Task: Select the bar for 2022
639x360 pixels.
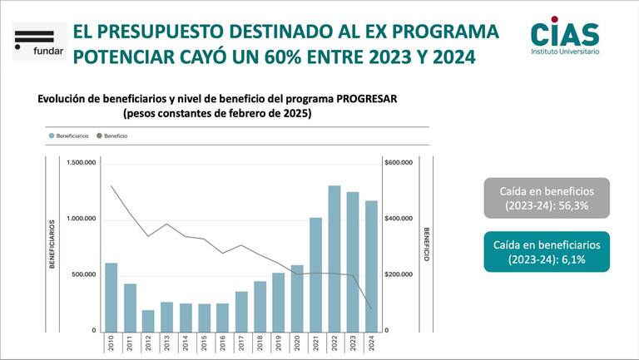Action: pyautogui.click(x=334, y=258)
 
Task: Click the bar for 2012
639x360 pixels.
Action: pyautogui.click(x=148, y=320)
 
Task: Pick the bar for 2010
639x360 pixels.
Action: pyautogui.click(x=111, y=296)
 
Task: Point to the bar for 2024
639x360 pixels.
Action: pyautogui.click(x=371, y=265)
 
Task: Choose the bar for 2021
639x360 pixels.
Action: pyautogui.click(x=316, y=274)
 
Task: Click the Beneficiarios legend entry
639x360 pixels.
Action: pyautogui.click(x=70, y=135)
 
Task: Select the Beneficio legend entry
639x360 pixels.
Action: pyautogui.click(x=112, y=135)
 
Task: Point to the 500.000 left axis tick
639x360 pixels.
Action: pyautogui.click(x=83, y=274)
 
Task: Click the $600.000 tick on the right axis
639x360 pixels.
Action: pyautogui.click(x=399, y=162)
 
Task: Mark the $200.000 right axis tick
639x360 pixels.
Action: pyautogui.click(x=399, y=274)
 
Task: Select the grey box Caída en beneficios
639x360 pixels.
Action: pyautogui.click(x=547, y=198)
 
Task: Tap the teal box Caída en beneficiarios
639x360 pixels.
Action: pyautogui.click(x=547, y=251)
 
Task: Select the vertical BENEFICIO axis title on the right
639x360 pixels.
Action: pyautogui.click(x=426, y=246)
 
